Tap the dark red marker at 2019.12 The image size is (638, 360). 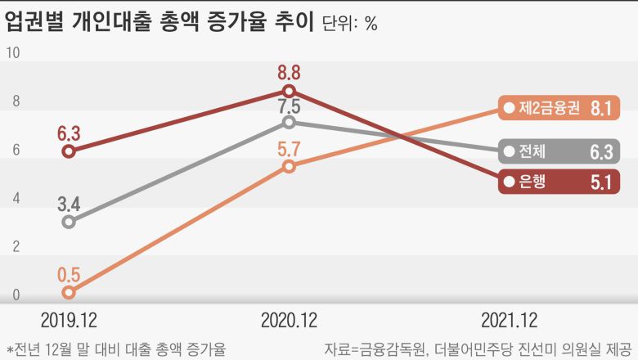coord(69,151)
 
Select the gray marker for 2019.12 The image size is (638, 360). coord(69,222)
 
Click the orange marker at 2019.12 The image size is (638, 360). coord(69,292)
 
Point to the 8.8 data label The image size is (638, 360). coord(289,71)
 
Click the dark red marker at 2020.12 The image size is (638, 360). coord(289,91)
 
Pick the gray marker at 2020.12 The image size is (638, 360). coord(289,122)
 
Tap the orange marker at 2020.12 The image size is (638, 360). coord(289,166)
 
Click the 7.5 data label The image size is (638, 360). coord(289,106)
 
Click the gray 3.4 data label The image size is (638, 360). coord(69,202)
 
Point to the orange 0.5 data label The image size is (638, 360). coord(69,273)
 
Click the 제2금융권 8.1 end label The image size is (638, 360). coord(560,107)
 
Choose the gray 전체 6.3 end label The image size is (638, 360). coord(560,151)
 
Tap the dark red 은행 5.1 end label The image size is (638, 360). coord(560,182)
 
